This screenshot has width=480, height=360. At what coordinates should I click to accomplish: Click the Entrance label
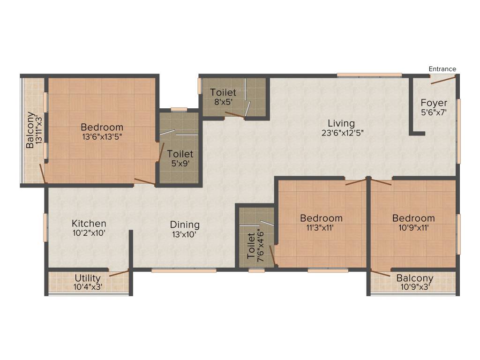coord(442,69)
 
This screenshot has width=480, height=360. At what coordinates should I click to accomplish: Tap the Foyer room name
coord(434,103)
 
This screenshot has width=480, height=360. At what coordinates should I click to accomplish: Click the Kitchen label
coord(89,224)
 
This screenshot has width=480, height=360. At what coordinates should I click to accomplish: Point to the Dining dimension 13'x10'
coord(185,234)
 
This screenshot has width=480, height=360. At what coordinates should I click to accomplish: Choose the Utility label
coord(88,278)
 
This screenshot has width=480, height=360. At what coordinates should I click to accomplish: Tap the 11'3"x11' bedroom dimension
coord(321,227)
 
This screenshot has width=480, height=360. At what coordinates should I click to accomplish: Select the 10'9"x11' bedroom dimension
coord(413,227)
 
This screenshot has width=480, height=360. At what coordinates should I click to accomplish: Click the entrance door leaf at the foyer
coord(442,79)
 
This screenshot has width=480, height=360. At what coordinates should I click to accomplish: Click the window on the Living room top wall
coord(369,75)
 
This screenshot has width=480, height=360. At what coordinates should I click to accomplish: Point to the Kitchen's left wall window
coord(45,227)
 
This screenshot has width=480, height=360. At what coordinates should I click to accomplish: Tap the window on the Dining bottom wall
coord(184,270)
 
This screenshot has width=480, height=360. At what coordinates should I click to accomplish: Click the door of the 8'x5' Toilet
coord(235,114)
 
